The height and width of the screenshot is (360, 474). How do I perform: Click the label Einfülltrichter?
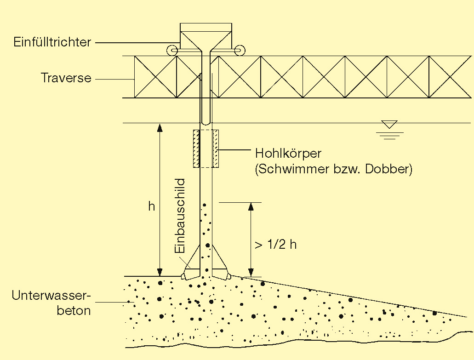coord(52,42)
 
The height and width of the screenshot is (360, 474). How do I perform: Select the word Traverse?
coord(66,78)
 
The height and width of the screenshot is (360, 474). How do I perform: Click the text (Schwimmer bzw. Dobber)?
coord(333,169)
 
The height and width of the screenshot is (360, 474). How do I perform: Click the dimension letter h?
coord(151,206)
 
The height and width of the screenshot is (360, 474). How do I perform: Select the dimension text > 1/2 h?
coord(275,244)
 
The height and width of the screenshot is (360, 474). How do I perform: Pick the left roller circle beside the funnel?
coord(171,50)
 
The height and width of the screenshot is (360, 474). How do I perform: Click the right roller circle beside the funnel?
coord(239,50)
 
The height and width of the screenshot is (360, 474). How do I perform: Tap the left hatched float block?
coord(196,149)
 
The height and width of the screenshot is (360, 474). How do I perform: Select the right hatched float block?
coord(216,149)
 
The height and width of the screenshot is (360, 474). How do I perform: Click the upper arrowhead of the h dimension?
coord(160,128)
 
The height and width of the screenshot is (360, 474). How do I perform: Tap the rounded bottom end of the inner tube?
coord(206,123)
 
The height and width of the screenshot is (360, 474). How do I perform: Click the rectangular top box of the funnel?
coord(205,27)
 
